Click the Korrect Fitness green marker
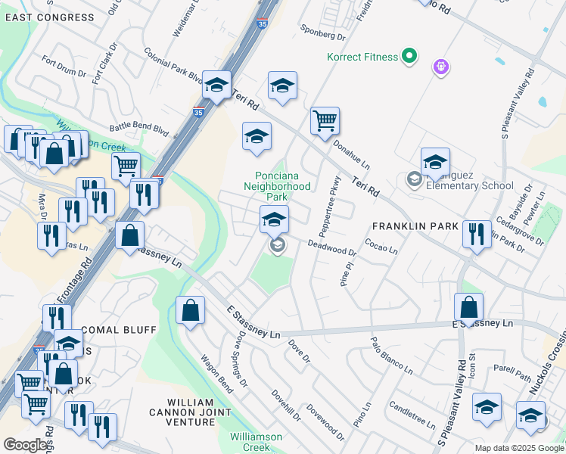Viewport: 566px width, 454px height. (x=409, y=56)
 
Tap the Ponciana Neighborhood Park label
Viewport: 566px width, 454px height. (x=281, y=185)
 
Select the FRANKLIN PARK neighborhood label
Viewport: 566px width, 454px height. (x=415, y=226)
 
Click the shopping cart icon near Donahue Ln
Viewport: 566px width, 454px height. (x=325, y=120)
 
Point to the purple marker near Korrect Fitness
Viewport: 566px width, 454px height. (x=440, y=67)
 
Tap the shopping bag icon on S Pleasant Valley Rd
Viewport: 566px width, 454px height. (x=469, y=308)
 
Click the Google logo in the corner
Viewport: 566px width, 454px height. (x=26, y=445)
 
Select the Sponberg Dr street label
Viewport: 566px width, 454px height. (x=322, y=34)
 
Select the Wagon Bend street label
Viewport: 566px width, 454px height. (x=216, y=371)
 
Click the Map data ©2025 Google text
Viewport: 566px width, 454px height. (x=519, y=448)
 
